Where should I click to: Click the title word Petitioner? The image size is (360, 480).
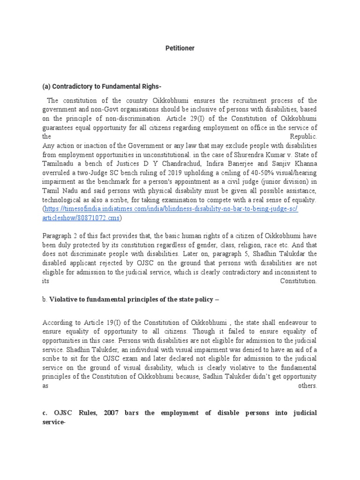click(180, 48)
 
